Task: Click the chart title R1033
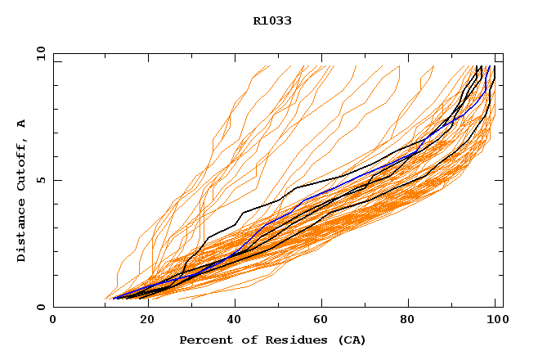(272, 21)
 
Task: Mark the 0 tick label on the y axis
(40, 307)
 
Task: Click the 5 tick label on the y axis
(40, 180)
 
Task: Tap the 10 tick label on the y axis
(40, 53)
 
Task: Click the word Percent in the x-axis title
(203, 340)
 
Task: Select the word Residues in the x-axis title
(289, 340)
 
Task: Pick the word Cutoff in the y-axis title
(21, 164)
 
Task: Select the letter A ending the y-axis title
(21, 123)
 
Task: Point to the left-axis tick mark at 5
(56, 180)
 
